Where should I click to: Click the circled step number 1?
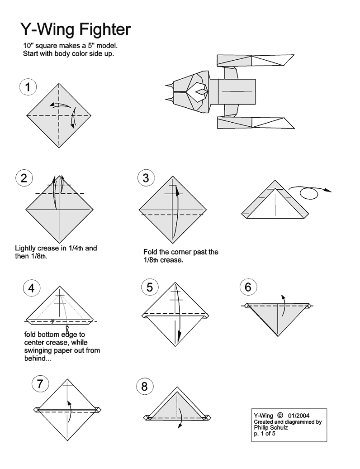click(x=28, y=87)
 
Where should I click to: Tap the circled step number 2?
click(x=24, y=178)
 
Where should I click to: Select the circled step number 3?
click(x=146, y=178)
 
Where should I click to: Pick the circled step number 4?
click(x=31, y=288)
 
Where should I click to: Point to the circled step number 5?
click(x=150, y=287)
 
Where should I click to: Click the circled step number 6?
click(x=248, y=287)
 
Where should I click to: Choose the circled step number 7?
click(x=40, y=384)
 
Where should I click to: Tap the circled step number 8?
click(x=144, y=386)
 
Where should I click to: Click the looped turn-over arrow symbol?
click(x=309, y=192)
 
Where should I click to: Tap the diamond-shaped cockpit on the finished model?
click(x=198, y=92)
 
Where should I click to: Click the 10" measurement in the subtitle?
click(x=28, y=46)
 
